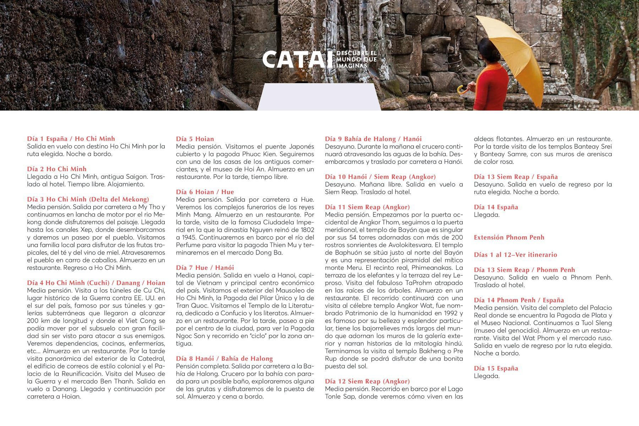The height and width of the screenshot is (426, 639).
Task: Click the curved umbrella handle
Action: coord(461,89)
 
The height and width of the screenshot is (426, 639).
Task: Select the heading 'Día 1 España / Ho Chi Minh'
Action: coord(71,139)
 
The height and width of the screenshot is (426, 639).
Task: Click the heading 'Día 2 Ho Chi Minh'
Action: coord(57,169)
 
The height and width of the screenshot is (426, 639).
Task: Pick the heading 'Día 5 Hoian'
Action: coord(195,139)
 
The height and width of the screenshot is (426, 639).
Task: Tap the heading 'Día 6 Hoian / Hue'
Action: coord(205,192)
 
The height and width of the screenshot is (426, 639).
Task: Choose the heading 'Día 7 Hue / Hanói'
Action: coord(205,268)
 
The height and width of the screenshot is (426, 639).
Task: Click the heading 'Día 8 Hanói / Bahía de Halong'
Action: coord(224,359)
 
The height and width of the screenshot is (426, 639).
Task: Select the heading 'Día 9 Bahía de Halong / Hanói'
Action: coord(373,139)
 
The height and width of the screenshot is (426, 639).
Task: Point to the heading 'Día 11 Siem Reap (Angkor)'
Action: coord(367,207)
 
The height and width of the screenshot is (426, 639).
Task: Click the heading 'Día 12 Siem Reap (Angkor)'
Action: coord(367,381)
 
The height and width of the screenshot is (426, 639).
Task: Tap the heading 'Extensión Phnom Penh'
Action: coord(509,237)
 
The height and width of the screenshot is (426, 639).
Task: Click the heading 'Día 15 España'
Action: coord(496,368)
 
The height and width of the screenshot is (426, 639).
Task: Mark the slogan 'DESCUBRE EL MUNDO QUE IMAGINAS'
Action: coord(356,60)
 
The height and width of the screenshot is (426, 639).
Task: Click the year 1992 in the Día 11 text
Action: coord(451,313)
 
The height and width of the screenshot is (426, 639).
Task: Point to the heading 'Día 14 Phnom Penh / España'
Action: coord(519,300)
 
